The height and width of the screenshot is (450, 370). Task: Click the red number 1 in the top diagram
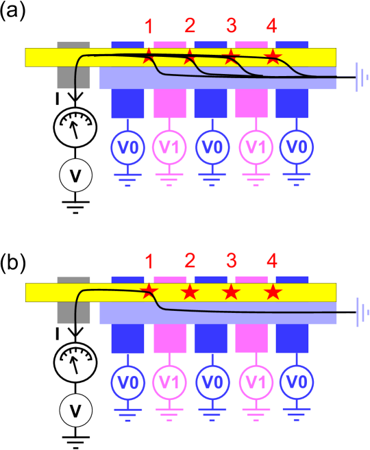tap(149, 27)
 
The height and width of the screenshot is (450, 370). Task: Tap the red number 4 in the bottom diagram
tap(272, 261)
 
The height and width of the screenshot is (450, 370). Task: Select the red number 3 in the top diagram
tap(232, 26)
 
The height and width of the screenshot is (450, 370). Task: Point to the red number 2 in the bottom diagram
tap(190, 261)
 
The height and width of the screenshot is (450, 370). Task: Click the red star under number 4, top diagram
tap(273, 56)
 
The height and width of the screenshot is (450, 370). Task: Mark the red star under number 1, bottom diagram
tap(149, 292)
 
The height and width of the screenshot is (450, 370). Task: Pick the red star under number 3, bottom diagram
tap(232, 292)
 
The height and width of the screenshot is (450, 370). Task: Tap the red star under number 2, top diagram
tap(190, 56)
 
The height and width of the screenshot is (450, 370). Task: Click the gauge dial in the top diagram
tap(75, 127)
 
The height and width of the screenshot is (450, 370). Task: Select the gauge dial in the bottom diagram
tap(75, 362)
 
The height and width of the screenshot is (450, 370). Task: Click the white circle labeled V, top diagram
tap(75, 175)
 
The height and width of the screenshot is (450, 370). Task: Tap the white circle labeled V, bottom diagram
tap(75, 411)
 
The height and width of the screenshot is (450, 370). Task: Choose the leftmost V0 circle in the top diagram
tap(127, 147)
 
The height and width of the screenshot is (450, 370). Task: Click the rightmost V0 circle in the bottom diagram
tap(296, 382)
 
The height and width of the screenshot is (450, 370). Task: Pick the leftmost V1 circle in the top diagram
tap(169, 147)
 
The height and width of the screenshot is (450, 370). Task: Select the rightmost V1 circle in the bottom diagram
tap(255, 382)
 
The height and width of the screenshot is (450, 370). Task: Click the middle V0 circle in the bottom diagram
tap(212, 382)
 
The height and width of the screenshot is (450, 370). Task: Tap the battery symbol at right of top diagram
tap(360, 77)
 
